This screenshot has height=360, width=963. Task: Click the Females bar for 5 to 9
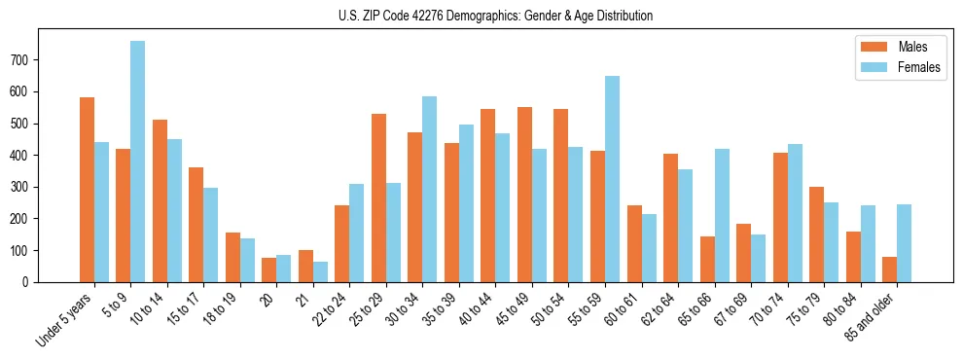point(138,162)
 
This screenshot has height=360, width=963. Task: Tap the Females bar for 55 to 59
point(612,179)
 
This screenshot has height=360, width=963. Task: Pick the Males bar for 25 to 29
point(378,198)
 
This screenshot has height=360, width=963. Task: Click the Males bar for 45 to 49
point(524,195)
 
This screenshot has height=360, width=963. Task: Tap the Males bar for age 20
point(268,270)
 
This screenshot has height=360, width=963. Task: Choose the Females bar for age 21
point(320,271)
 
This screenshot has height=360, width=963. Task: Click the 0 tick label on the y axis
point(30,282)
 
